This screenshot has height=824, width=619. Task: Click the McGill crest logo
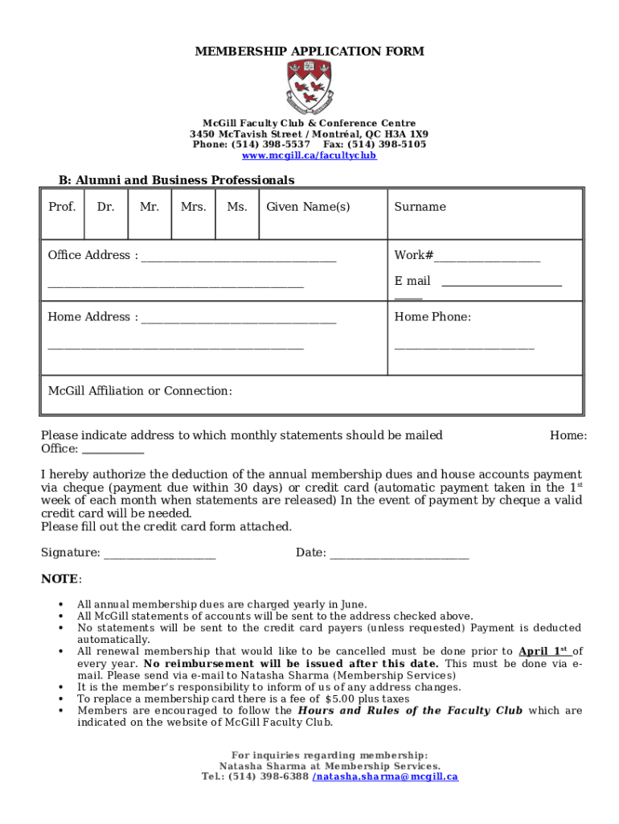click(x=309, y=86)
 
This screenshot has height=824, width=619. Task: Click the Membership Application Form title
click(x=309, y=51)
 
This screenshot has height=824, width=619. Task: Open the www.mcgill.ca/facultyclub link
click(x=309, y=155)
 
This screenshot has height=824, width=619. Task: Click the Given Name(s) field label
click(x=308, y=207)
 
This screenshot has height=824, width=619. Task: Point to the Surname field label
click(x=420, y=207)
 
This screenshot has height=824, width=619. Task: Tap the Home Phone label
click(x=432, y=317)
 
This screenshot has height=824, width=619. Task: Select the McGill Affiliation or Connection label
click(x=140, y=391)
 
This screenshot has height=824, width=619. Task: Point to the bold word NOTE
click(x=59, y=579)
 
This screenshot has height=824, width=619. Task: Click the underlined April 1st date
click(x=545, y=652)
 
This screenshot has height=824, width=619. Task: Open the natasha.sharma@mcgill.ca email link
click(x=385, y=777)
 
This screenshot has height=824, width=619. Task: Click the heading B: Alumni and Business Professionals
click(x=176, y=180)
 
